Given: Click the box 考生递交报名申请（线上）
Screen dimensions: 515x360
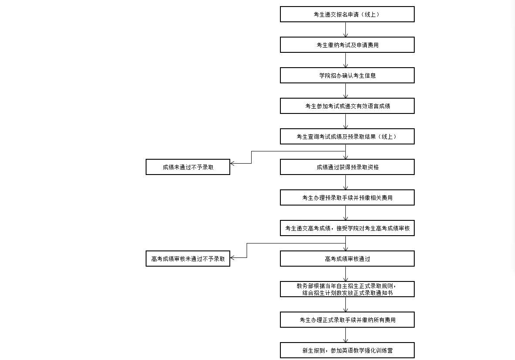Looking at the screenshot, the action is click(x=347, y=14).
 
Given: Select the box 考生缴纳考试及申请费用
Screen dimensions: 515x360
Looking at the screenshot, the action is click(x=347, y=45).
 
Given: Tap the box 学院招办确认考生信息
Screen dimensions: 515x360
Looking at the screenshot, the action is click(x=347, y=75).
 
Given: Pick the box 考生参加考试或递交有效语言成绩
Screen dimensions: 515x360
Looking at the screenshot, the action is click(x=347, y=106).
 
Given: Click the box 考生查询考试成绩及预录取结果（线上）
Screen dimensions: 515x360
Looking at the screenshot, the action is click(x=347, y=137).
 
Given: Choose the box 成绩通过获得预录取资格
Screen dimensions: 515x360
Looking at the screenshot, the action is click(x=347, y=167).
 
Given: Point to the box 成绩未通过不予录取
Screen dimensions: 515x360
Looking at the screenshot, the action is click(x=188, y=167).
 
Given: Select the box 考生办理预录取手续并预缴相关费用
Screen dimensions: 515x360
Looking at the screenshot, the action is click(x=347, y=198).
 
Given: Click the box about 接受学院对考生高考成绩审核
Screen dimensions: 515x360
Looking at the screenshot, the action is click(x=347, y=228).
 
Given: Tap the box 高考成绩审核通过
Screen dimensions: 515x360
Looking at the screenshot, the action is click(x=347, y=259).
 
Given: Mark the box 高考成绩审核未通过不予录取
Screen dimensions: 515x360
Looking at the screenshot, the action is click(x=188, y=259).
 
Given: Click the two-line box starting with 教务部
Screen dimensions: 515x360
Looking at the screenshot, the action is click(x=347, y=289).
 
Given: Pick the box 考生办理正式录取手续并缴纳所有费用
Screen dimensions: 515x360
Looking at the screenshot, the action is click(x=347, y=320).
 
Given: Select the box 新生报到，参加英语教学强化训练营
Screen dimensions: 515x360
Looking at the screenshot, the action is click(x=347, y=350).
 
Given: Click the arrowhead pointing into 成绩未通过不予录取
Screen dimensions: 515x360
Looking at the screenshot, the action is click(x=232, y=163).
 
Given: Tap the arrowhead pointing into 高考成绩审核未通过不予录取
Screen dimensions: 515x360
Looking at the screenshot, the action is click(x=232, y=258).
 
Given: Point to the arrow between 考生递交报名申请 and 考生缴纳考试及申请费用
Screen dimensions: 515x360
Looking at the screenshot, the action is click(x=345, y=30).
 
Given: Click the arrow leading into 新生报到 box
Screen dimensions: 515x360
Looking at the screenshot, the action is click(x=345, y=335).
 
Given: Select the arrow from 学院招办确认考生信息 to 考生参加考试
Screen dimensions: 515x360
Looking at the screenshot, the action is click(x=345, y=91).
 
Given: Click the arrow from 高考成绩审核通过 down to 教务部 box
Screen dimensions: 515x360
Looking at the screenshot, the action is click(x=345, y=274).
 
